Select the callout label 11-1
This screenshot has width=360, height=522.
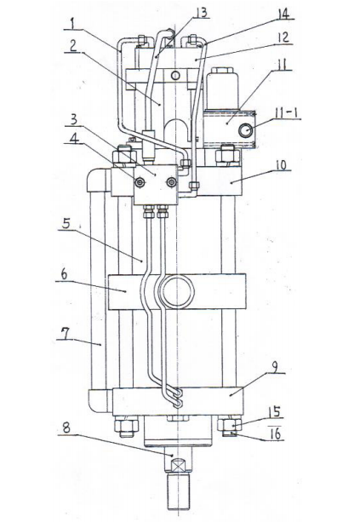(286, 113)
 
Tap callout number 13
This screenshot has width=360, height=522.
(202, 13)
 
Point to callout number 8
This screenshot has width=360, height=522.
(66, 427)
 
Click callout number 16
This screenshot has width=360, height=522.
(276, 434)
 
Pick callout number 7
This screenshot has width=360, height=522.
(66, 334)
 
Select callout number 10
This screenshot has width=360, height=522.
(282, 165)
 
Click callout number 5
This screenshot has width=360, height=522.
(66, 224)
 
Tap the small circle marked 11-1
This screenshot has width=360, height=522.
(246, 130)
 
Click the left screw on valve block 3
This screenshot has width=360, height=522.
(140, 181)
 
